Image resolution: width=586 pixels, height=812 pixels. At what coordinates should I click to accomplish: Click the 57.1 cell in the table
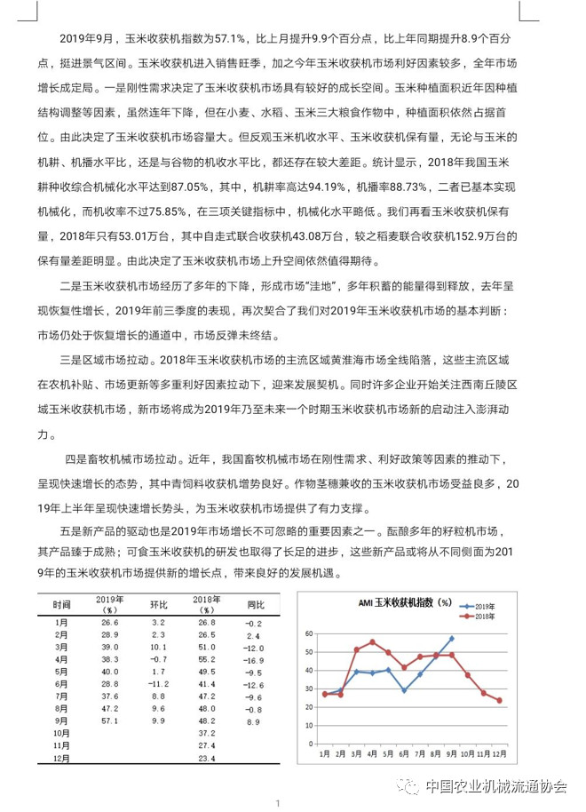[x=109, y=722]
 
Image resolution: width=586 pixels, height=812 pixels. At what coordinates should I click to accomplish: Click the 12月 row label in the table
[x=61, y=759]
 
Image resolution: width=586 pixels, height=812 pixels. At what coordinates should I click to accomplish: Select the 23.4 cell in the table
[x=207, y=759]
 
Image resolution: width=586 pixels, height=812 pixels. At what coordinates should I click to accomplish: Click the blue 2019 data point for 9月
[x=452, y=638]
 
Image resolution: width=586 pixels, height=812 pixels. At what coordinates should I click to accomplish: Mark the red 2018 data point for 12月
[x=500, y=700]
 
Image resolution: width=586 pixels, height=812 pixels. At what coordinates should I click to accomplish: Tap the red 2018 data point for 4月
[x=372, y=641]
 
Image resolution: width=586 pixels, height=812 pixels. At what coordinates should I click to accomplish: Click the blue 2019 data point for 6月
[x=404, y=690]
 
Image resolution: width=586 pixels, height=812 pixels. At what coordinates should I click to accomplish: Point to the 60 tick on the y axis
[x=309, y=633]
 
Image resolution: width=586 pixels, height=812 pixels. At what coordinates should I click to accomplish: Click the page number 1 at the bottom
[x=278, y=803]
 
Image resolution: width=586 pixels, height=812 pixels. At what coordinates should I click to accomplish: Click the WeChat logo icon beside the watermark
[x=408, y=785]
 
